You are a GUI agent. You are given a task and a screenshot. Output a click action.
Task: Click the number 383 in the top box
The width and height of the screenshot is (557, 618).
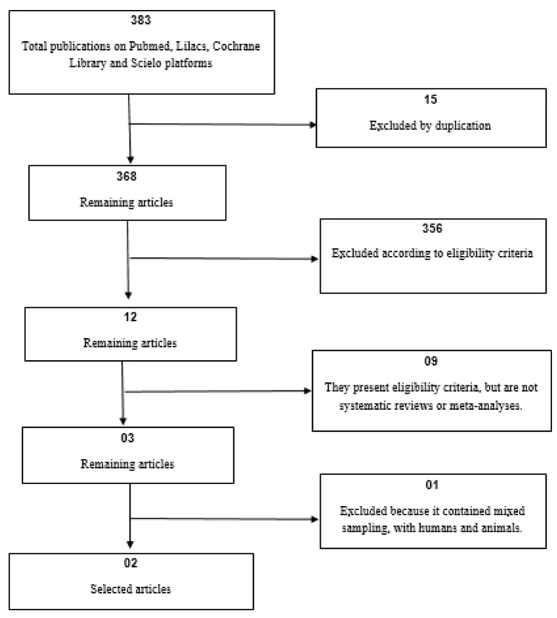[141, 20]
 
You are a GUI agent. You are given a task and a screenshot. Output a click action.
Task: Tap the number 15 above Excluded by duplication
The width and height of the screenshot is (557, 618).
[431, 99]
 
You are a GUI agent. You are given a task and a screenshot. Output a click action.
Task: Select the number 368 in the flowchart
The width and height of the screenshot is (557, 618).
[126, 176]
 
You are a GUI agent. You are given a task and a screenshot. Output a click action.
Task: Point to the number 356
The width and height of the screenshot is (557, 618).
[432, 228]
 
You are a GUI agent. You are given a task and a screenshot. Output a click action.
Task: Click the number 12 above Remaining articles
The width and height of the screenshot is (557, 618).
[130, 317]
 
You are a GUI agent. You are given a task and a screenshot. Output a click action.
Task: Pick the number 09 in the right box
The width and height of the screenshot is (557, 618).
[431, 361]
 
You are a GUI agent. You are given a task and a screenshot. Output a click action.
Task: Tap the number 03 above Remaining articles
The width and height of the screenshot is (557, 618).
[128, 438]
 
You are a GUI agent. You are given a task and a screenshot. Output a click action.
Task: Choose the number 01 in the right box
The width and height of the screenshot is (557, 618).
[432, 485]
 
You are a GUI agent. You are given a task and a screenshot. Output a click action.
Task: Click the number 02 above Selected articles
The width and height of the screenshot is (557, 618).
[131, 563]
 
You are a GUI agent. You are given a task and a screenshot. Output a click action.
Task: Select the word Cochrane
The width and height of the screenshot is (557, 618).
[237, 46]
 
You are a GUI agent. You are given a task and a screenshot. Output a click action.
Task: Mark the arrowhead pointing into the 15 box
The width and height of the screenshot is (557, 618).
[313, 125]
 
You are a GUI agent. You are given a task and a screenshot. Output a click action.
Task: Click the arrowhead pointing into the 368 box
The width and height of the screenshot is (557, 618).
[130, 160]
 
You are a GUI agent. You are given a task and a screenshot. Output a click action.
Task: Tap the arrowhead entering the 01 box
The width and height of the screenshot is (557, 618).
[315, 519]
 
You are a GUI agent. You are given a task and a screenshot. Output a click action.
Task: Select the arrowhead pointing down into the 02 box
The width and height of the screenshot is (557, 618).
[130, 545]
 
